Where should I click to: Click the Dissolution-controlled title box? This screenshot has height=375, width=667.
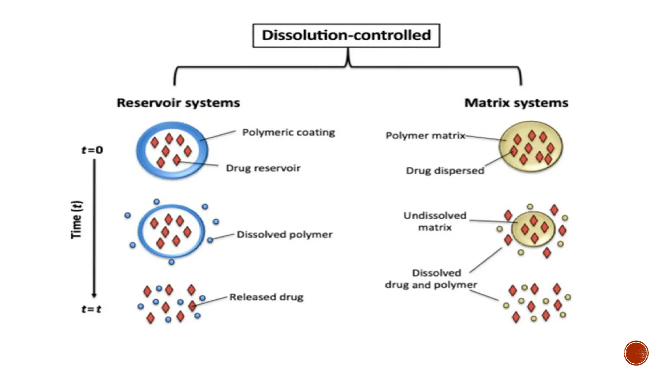(x=346, y=35)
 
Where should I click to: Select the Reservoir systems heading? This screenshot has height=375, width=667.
(x=178, y=103)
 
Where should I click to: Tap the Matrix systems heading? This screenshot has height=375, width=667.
(x=516, y=103)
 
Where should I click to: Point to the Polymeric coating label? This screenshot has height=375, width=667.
(x=289, y=132)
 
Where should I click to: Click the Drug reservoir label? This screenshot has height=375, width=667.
(x=263, y=168)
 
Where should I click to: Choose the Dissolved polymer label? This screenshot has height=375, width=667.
(x=285, y=235)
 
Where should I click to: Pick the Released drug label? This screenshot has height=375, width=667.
(x=266, y=297)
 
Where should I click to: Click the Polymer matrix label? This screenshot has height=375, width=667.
(x=425, y=135)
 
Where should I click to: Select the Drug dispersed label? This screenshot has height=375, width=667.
(x=445, y=171)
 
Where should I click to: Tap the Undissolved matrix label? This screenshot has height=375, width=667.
(x=435, y=221)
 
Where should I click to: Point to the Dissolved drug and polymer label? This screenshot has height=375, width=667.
(x=431, y=279)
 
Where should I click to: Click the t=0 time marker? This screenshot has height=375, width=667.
(x=92, y=150)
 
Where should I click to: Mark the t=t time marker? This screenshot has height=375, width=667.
(x=92, y=309)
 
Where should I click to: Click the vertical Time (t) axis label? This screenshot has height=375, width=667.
(x=77, y=220)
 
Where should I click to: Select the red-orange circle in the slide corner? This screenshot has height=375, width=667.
(x=636, y=353)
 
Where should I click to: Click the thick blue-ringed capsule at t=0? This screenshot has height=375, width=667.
(x=172, y=150)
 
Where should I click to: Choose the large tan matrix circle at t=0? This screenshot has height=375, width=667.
(x=531, y=146)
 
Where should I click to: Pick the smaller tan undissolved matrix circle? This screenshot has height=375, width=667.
(x=533, y=229)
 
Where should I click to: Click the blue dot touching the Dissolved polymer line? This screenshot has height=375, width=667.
(x=210, y=240)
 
